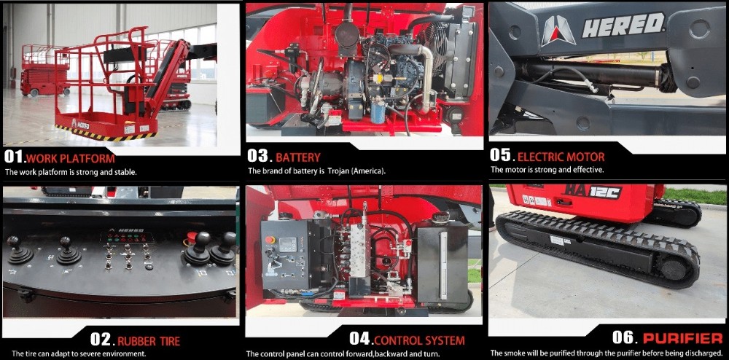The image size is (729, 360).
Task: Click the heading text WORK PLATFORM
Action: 71,158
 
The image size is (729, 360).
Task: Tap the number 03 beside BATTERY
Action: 258,156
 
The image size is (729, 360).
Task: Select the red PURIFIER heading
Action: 682,337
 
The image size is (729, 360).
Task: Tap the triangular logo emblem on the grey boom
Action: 558,31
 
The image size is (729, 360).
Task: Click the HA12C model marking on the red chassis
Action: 592,192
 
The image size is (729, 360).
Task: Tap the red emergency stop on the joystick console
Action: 190,238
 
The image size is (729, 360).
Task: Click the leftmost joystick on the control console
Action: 19,251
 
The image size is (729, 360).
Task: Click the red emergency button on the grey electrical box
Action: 270,240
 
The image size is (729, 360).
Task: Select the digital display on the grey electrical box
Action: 287,243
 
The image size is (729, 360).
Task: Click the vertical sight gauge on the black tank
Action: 443,265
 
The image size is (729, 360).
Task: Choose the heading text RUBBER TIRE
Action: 149,342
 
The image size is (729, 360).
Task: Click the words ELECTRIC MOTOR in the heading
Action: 561,157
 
